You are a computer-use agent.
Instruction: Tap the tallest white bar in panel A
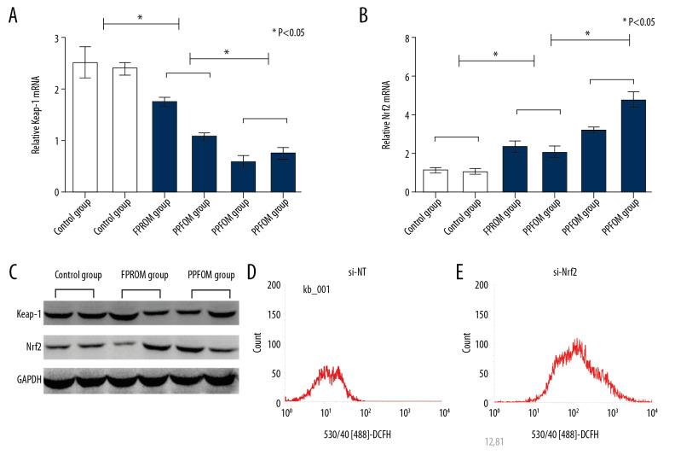click(x=85, y=127)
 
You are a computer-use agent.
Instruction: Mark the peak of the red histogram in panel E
click(x=576, y=341)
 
